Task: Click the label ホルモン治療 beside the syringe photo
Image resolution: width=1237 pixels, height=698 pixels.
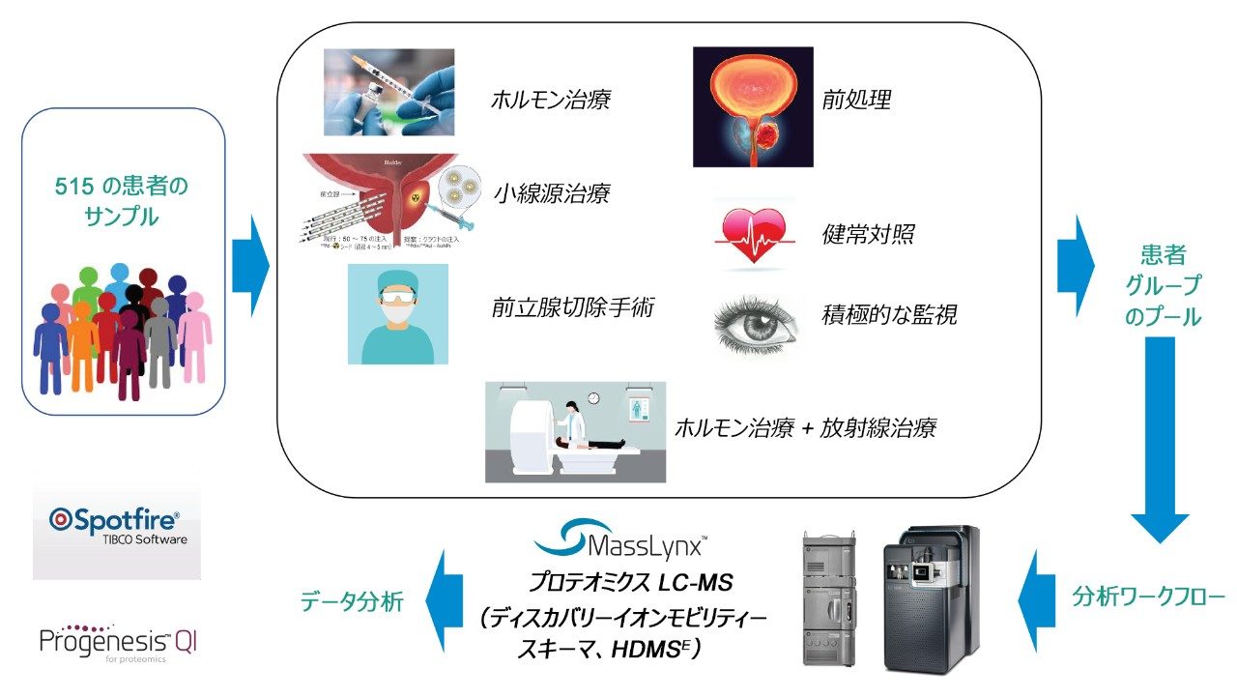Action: coord(551,100)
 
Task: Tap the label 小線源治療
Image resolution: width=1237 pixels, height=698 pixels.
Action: coord(551,193)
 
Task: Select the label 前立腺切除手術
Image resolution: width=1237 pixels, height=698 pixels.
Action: coord(573,308)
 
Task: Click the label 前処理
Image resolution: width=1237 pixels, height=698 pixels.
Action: coord(855,100)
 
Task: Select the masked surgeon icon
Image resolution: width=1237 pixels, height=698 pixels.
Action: coord(397,314)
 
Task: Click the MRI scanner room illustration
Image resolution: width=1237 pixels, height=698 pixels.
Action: coord(575,431)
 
